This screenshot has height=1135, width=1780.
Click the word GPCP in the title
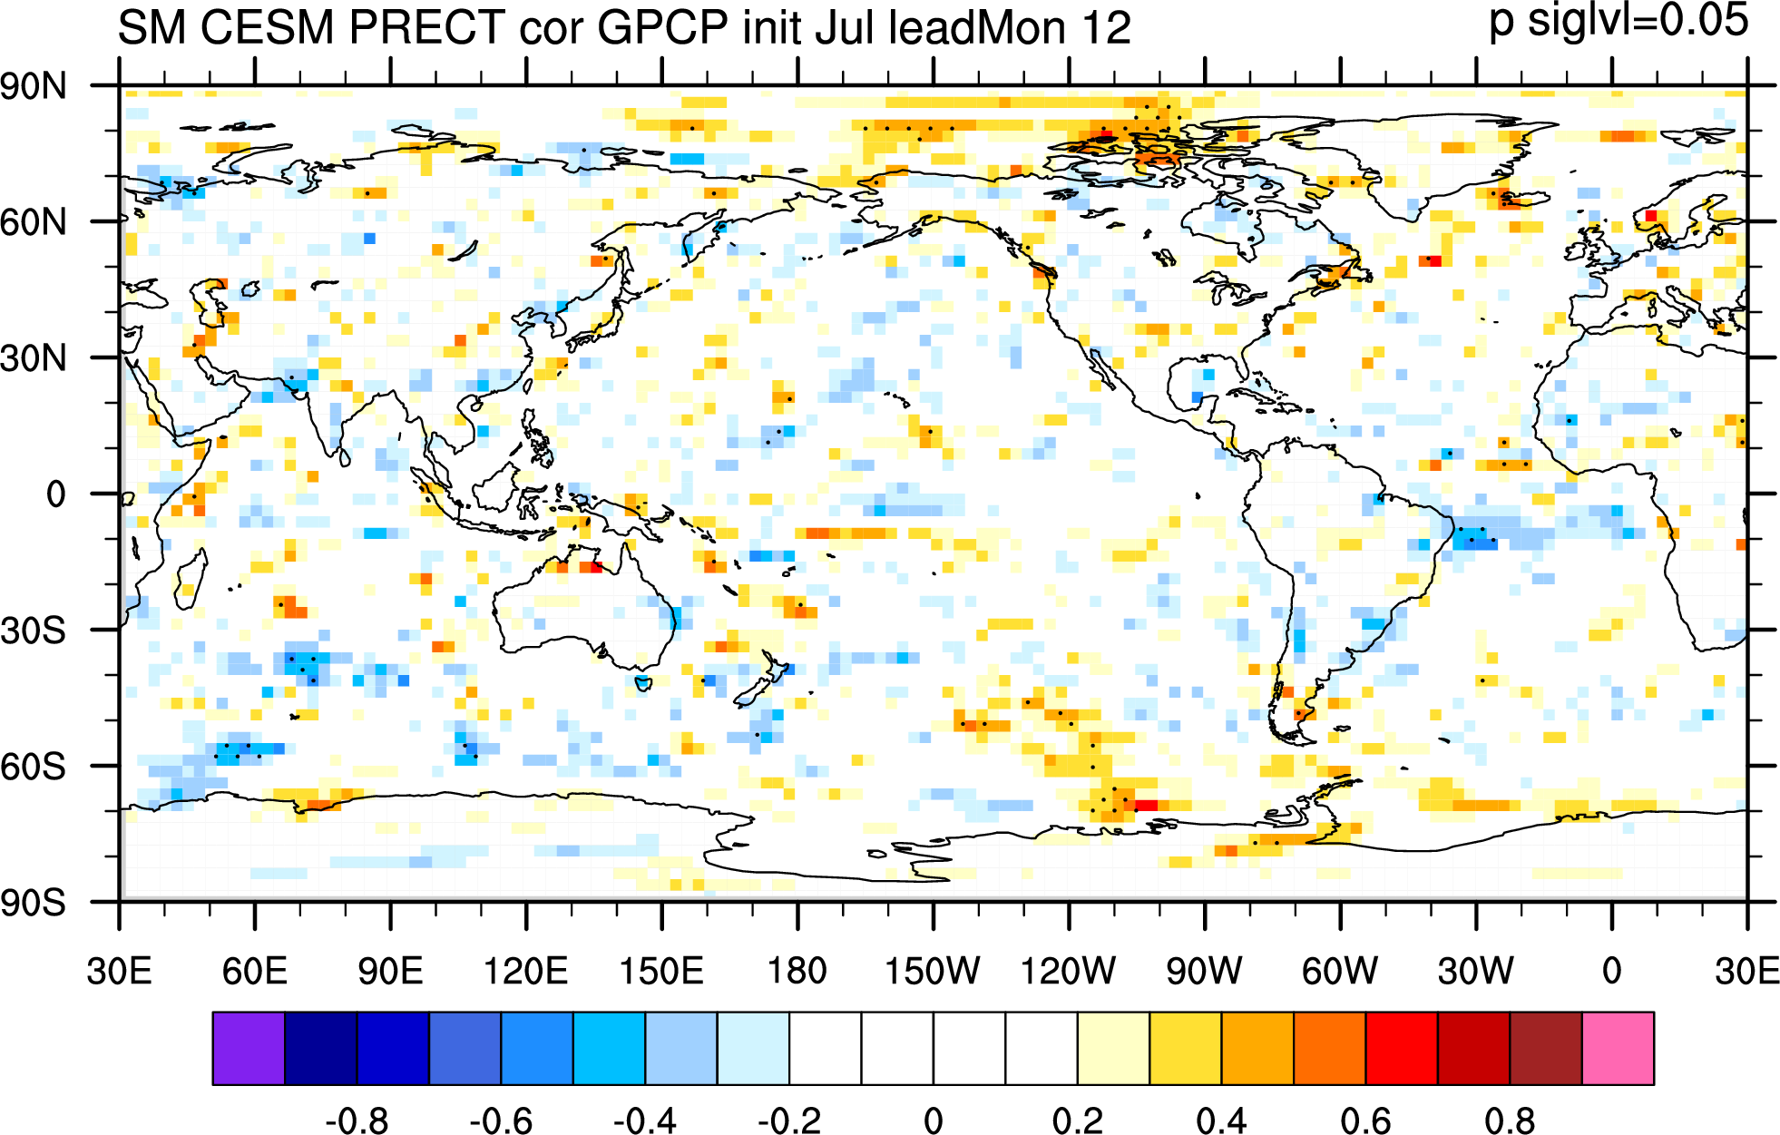click(663, 27)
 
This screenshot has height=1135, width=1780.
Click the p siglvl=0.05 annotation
click(1619, 21)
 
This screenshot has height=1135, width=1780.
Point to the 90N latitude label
click(34, 87)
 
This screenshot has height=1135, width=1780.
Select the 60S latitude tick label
click(34, 767)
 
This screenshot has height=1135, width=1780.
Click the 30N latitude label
click(34, 358)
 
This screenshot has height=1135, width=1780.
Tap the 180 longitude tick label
click(797, 971)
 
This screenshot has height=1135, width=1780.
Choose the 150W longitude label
click(933, 971)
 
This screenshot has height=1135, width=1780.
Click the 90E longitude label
click(390, 971)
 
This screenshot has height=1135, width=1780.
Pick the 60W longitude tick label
click(1340, 971)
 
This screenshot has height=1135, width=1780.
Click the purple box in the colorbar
click(249, 1048)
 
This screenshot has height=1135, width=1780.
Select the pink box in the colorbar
click(1618, 1048)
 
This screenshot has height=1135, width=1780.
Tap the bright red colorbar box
click(1402, 1048)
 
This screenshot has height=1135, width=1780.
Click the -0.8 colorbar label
click(357, 1120)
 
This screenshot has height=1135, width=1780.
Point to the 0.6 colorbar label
click(1365, 1120)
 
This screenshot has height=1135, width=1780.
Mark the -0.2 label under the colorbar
click(789, 1120)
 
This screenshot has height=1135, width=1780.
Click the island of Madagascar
click(190, 582)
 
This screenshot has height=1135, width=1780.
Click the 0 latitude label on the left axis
click(56, 494)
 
